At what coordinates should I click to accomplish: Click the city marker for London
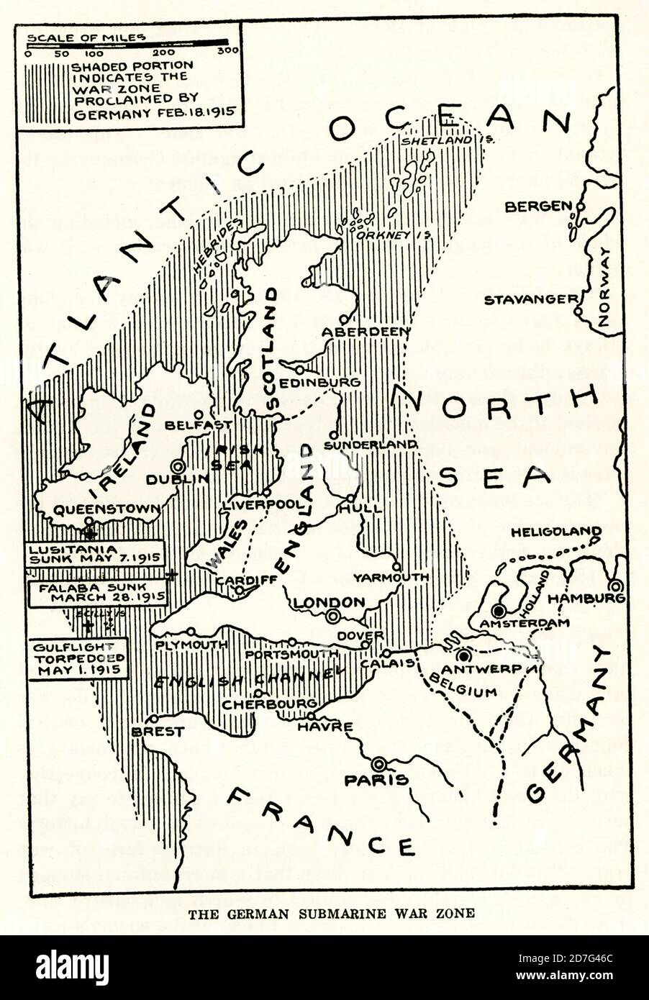(x=333, y=616)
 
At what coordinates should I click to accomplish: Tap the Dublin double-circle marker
(x=177, y=465)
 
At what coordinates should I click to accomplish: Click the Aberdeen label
(x=366, y=332)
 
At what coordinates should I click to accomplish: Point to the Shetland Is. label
(x=448, y=140)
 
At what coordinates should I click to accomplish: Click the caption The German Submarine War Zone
(x=331, y=914)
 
